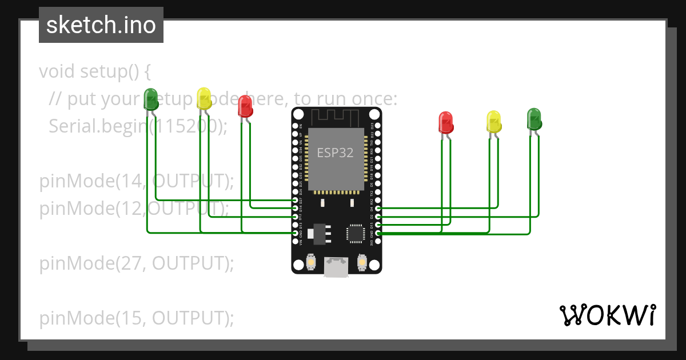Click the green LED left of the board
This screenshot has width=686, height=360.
pyautogui.click(x=151, y=99)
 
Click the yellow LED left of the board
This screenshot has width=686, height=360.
pyautogui.click(x=204, y=98)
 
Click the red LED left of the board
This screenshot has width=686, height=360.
pyautogui.click(x=245, y=106)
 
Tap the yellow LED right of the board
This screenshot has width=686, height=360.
pyautogui.click(x=493, y=121)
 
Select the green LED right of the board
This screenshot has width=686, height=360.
pyautogui.click(x=534, y=118)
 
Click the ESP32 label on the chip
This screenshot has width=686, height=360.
pyautogui.click(x=335, y=153)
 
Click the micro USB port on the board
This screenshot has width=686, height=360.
pyautogui.click(x=336, y=266)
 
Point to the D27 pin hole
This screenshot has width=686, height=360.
pyautogui.click(x=295, y=201)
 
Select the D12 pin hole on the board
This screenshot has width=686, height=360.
pyautogui.click(x=295, y=217)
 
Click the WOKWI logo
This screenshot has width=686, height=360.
pyautogui.click(x=607, y=315)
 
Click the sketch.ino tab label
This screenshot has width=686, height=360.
pyautogui.click(x=101, y=25)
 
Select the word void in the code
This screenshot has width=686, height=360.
pyautogui.click(x=57, y=72)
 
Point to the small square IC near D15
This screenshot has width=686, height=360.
pyautogui.click(x=354, y=234)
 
